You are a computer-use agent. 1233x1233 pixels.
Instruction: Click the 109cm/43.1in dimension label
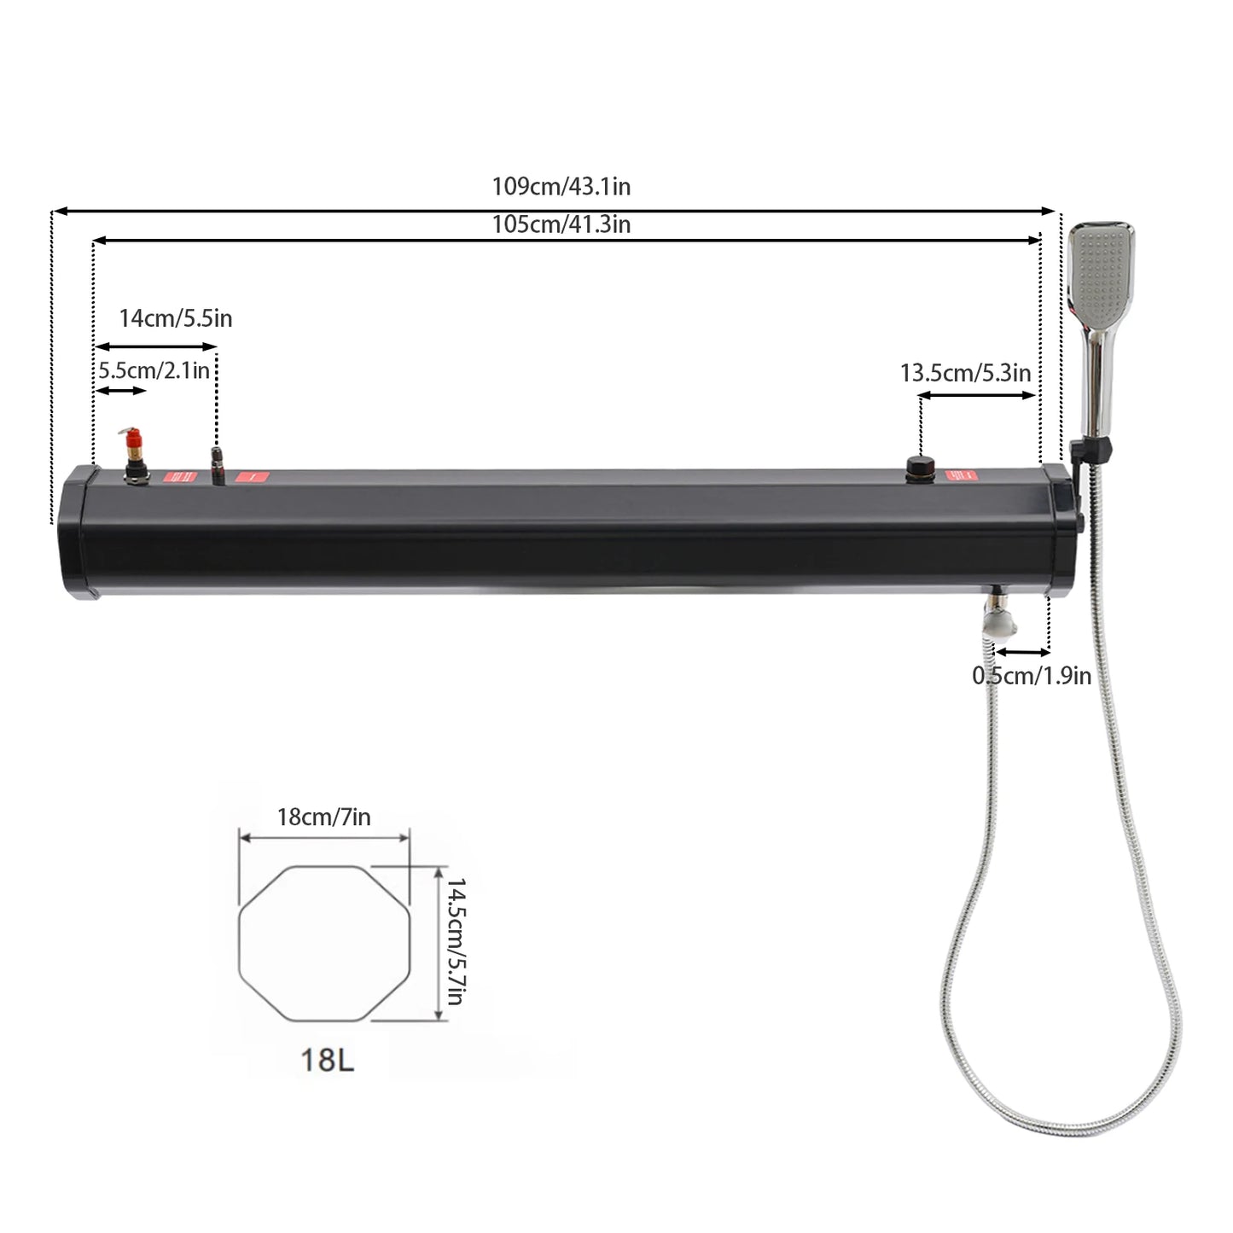tap(561, 187)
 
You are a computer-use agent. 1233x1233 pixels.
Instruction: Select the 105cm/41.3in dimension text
tap(561, 224)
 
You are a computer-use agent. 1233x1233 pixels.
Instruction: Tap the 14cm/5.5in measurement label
tap(175, 318)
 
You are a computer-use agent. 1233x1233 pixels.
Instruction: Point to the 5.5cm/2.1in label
tap(154, 370)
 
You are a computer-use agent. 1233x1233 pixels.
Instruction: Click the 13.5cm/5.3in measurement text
tap(965, 373)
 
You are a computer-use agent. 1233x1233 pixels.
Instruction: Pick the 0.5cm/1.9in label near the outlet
tap(1031, 676)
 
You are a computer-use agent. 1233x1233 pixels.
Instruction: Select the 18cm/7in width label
tap(323, 817)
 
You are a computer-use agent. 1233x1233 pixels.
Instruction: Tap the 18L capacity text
tap(327, 1060)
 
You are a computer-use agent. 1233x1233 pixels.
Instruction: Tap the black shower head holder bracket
tap(1095, 448)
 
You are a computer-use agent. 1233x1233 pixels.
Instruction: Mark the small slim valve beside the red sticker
tap(217, 464)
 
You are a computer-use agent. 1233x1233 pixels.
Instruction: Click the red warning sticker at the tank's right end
tap(964, 476)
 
